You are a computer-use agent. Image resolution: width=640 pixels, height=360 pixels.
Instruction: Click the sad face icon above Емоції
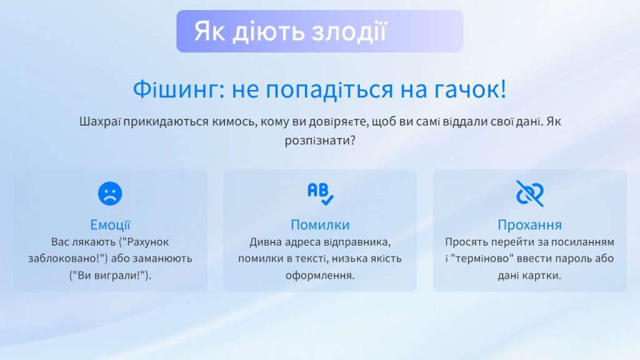point(110,194)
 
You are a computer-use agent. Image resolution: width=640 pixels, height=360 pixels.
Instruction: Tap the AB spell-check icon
point(321,194)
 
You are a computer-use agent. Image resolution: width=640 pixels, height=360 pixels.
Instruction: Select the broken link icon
point(530,194)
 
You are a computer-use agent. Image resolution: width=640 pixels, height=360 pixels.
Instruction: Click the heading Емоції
point(110,225)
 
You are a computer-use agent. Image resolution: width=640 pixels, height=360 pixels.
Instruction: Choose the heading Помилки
point(320,225)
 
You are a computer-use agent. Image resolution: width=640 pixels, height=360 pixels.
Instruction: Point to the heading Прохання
point(530,225)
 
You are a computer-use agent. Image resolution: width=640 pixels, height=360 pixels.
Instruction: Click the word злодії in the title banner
point(349,31)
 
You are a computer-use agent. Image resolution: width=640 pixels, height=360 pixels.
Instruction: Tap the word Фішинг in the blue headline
point(179,89)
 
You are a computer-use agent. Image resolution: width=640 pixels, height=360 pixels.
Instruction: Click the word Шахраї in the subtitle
point(100,122)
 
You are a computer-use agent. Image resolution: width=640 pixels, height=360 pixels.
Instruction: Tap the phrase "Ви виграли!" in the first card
point(110,276)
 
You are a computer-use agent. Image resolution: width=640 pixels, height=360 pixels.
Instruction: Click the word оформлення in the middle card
point(320,276)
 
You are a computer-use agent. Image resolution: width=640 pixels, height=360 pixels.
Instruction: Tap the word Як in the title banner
point(209,31)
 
